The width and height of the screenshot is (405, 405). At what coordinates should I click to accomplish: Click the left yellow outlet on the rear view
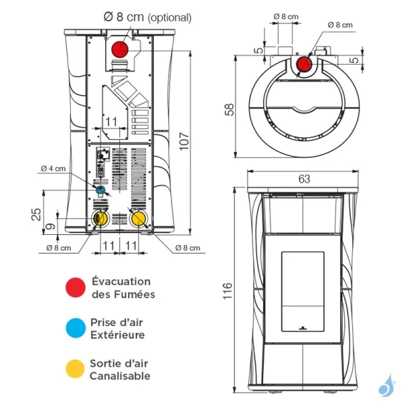[x=100, y=219]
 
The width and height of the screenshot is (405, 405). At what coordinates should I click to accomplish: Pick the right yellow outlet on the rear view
[x=139, y=219]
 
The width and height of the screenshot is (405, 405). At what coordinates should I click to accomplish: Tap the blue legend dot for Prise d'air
[x=76, y=328]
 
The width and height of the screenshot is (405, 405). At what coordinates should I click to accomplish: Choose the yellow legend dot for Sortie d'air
[x=76, y=369]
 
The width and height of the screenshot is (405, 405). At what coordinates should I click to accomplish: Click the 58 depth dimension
[x=230, y=109]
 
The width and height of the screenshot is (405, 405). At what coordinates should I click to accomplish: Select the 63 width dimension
[x=304, y=179]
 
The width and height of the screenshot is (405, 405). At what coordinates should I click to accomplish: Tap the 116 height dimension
[x=230, y=292]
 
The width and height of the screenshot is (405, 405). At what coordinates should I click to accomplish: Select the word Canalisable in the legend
[x=120, y=375]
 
